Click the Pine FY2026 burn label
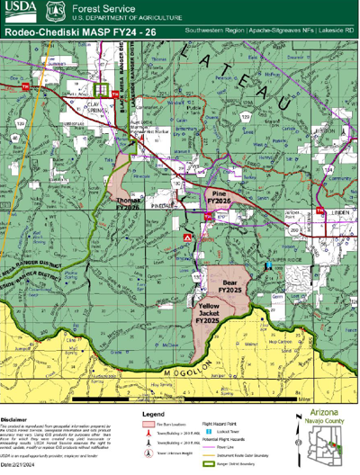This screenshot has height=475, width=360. tap(219, 197)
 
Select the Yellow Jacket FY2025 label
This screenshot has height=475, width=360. tap(207, 314)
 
